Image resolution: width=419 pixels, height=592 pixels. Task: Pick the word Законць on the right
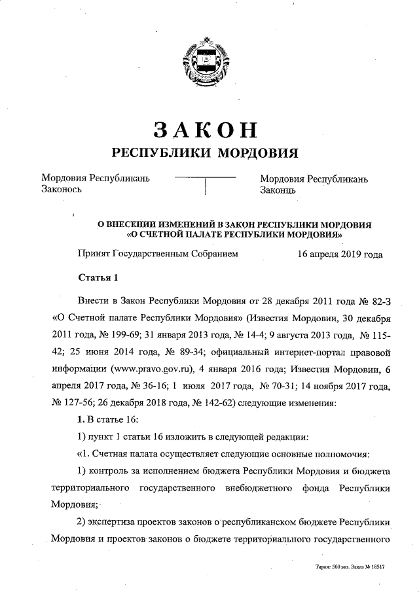[x=279, y=190]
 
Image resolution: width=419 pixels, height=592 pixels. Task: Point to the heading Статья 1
[x=98, y=277]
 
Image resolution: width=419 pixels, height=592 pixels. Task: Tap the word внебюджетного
[x=261, y=489]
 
